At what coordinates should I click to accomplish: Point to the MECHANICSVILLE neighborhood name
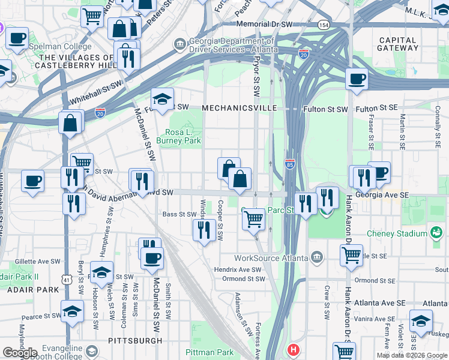pos(240,108)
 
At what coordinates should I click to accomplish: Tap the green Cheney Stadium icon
pos(436,232)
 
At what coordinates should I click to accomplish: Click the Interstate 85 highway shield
pos(289,164)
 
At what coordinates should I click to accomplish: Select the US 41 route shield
pos(65,280)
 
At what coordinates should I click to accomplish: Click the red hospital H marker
pos(293,349)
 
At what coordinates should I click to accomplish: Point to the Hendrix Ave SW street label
pos(240,270)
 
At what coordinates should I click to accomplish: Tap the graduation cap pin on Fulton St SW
pos(162,98)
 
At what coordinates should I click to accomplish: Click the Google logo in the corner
pos(20,353)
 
